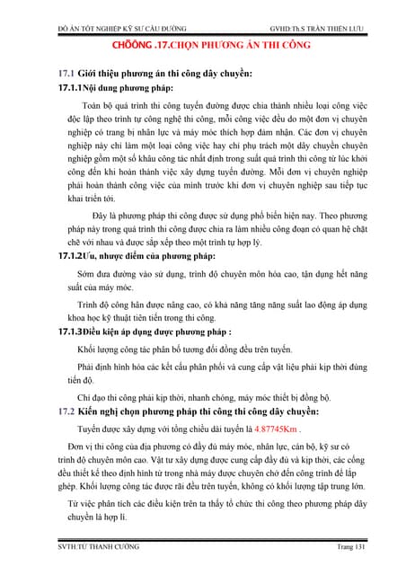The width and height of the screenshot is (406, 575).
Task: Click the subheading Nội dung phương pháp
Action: tap(126, 87)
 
